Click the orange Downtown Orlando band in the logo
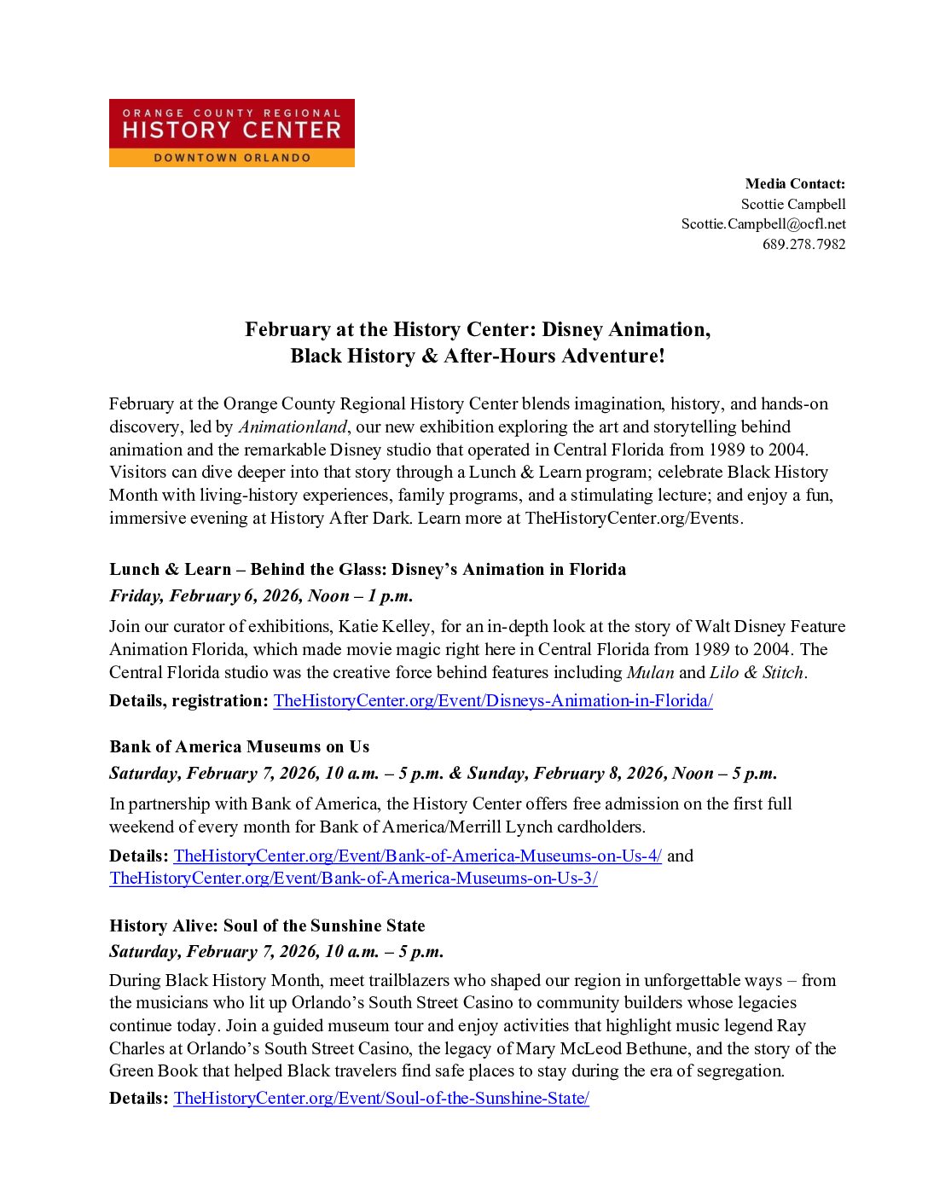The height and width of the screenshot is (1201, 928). (231, 158)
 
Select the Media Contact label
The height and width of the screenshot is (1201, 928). (795, 183)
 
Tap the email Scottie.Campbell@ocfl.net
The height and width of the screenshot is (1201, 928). (763, 223)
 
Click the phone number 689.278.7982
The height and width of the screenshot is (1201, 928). (803, 244)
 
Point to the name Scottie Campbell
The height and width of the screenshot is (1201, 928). (793, 204)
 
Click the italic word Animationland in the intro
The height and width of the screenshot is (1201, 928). (293, 426)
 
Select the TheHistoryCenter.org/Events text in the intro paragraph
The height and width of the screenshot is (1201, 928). (633, 518)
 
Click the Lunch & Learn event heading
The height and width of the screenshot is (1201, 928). (368, 569)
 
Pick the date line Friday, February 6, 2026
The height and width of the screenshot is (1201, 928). (261, 595)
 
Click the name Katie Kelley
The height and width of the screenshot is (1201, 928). (385, 626)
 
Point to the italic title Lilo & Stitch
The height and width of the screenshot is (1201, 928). (757, 672)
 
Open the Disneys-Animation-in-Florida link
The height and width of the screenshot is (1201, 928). (493, 700)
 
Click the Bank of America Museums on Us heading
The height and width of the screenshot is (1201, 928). (240, 746)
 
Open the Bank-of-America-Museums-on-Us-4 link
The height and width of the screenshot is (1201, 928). (417, 856)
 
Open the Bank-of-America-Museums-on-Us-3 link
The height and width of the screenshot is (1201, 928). (353, 878)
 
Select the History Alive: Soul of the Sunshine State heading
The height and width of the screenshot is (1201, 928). (267, 925)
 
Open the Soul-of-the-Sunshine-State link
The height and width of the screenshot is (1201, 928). (381, 1098)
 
